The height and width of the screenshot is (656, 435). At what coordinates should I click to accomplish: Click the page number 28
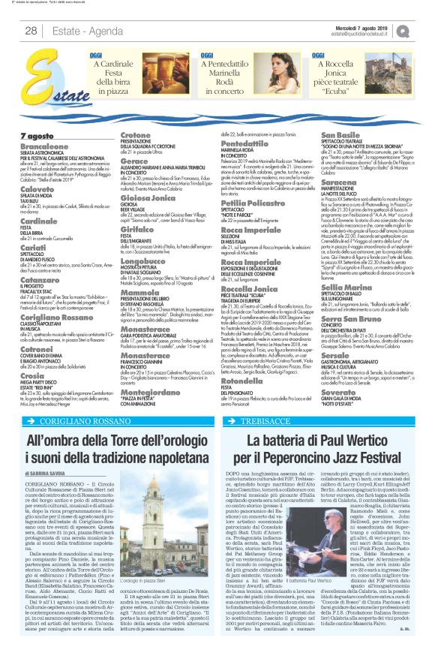tap(31, 31)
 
